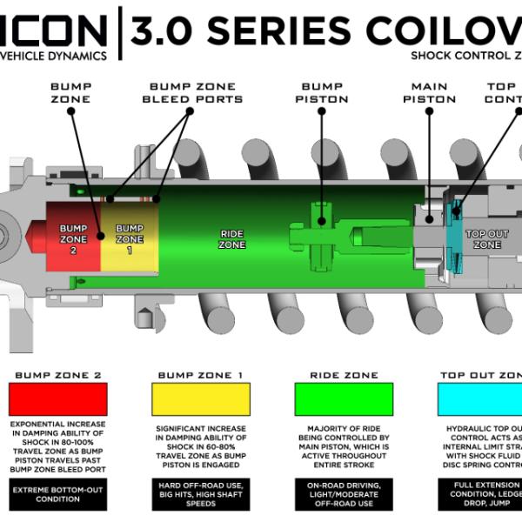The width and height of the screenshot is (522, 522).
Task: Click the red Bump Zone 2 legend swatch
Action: (x=57, y=399)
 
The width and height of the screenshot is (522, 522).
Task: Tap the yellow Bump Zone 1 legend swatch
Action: (x=200, y=399)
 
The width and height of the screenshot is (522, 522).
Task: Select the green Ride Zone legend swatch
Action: (x=344, y=399)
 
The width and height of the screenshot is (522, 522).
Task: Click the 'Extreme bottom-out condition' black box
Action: (x=57, y=493)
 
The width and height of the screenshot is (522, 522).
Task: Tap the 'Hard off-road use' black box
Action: (x=200, y=493)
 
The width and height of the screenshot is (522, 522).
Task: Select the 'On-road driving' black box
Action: (x=344, y=493)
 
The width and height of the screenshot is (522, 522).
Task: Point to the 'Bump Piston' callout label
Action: (x=325, y=93)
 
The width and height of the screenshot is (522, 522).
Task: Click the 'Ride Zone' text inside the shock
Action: (x=232, y=239)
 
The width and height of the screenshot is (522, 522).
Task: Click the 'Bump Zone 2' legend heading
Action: (x=57, y=375)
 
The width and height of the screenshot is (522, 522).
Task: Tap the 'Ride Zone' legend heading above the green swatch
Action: (x=344, y=375)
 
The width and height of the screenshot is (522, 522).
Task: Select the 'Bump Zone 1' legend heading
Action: (x=200, y=375)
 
